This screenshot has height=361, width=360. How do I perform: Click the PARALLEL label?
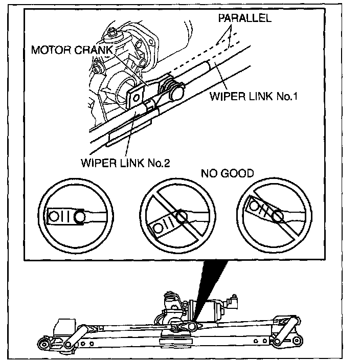(x=244, y=18)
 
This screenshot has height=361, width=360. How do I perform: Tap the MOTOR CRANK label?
(x=72, y=50)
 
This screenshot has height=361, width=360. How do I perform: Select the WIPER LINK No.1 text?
(x=254, y=96)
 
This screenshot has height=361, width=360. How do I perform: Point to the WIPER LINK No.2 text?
(x=125, y=163)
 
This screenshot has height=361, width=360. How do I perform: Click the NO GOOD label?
(x=228, y=173)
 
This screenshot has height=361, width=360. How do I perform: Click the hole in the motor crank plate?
(x=136, y=98)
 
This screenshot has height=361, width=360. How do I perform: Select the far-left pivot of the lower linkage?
(x=43, y=345)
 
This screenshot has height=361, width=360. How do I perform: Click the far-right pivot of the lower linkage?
(x=297, y=341)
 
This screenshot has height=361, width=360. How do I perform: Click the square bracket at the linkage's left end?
(x=64, y=326)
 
